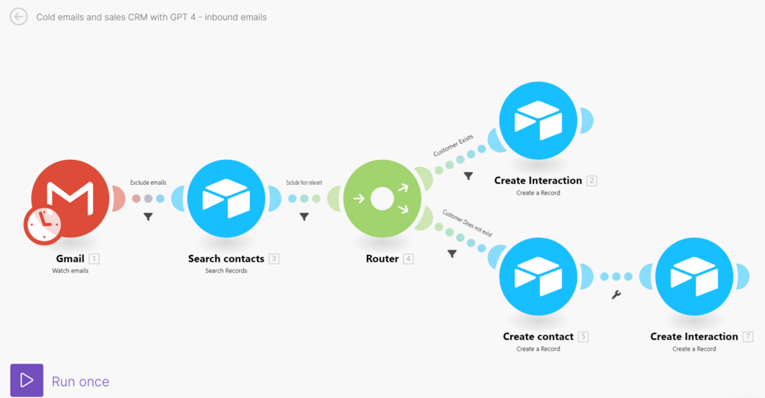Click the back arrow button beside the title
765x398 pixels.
point(19,17)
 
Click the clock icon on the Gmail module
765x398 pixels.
point(43,224)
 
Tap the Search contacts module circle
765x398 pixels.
point(226,199)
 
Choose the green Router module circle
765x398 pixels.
point(382,199)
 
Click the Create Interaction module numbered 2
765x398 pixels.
point(538,121)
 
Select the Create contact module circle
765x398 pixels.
point(538,277)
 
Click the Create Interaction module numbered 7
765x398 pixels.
point(694,277)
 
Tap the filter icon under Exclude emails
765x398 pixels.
point(148,217)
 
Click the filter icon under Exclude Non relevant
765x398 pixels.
point(304,217)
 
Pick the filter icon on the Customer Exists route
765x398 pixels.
point(468,176)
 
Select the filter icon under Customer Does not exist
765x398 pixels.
point(452,253)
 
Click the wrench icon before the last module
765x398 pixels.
point(617,295)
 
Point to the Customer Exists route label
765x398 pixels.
point(453,145)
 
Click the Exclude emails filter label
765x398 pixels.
point(148,183)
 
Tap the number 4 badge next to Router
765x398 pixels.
point(408,259)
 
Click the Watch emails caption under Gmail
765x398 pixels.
point(70,271)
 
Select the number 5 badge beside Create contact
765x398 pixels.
point(583,336)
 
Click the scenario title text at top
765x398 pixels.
point(151,17)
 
